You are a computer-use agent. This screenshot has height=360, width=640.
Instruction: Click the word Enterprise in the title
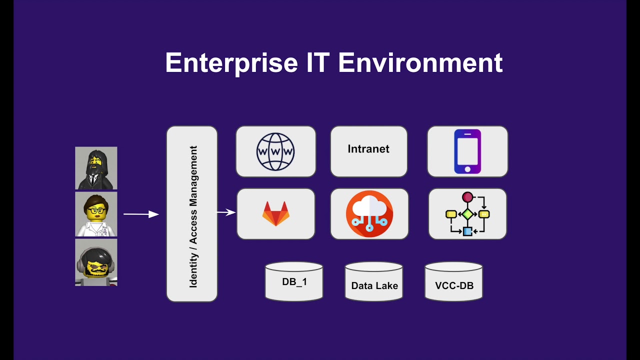(231, 63)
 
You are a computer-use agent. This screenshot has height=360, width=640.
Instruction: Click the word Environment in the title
(420, 63)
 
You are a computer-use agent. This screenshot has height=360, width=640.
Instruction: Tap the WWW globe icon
(275, 151)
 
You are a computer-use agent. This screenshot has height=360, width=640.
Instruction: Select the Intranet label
(368, 149)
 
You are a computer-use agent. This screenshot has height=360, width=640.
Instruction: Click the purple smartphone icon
(467, 151)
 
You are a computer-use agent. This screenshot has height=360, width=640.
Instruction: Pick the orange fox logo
(275, 213)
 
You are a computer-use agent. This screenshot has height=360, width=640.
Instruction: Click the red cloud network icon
(369, 213)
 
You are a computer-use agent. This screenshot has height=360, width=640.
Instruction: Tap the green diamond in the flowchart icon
(467, 214)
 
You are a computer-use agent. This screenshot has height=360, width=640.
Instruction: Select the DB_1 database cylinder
(294, 281)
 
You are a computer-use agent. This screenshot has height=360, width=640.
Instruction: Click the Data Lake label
(374, 285)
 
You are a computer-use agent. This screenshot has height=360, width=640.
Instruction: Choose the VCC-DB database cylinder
(453, 281)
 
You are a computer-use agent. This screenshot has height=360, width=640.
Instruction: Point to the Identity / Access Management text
(193, 217)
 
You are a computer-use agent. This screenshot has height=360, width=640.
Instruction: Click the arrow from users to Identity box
(141, 214)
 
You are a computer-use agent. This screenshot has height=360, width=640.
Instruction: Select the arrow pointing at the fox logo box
(226, 212)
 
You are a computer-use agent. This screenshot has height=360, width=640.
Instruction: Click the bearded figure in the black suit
(96, 168)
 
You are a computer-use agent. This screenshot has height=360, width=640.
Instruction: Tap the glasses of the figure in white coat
(96, 211)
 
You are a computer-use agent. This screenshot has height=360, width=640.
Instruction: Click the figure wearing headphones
(96, 262)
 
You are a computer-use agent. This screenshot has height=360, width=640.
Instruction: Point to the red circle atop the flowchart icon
(467, 197)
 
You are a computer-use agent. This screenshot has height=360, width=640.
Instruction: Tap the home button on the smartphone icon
(467, 169)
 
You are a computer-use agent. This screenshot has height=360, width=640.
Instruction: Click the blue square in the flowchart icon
(467, 231)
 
